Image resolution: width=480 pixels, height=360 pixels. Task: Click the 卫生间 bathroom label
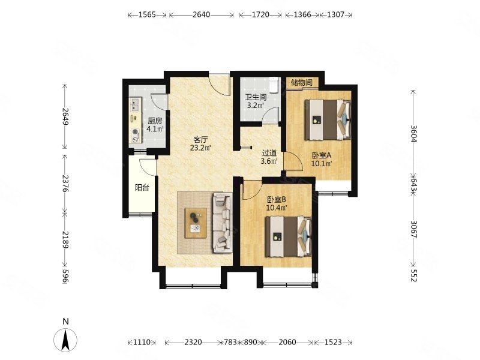(256, 97)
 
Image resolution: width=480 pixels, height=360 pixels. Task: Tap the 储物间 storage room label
(302, 82)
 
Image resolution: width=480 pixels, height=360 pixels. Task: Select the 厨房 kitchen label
(155, 121)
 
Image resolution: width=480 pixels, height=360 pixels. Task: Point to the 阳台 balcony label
(142, 187)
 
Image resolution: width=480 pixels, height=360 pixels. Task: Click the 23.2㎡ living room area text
(200, 148)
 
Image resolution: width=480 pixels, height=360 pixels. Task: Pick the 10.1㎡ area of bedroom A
(322, 163)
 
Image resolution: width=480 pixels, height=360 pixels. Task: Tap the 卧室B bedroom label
(277, 200)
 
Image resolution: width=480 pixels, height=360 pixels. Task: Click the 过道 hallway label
(269, 153)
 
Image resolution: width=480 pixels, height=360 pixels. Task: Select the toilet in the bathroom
(273, 85)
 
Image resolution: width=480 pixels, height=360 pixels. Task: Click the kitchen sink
(136, 104)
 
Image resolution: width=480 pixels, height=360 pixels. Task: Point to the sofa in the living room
(222, 223)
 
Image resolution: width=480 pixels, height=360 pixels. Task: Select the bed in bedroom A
(328, 119)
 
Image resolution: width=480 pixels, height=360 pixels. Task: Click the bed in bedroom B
(289, 236)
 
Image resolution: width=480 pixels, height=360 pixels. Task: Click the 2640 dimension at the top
(202, 14)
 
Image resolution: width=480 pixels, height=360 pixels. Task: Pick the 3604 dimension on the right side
(413, 134)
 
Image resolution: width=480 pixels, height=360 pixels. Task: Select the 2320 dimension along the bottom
(193, 342)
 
